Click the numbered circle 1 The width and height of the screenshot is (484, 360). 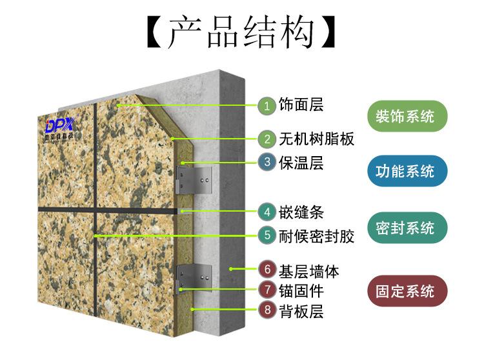[x=267, y=105]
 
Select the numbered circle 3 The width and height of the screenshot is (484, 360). [x=267, y=162]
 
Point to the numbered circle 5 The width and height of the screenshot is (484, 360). [x=267, y=235]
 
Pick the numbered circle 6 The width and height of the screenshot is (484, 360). [x=267, y=269]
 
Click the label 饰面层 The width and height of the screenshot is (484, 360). [x=301, y=105]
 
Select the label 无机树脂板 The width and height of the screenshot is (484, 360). [x=316, y=139]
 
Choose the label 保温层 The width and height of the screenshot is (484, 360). [x=301, y=162]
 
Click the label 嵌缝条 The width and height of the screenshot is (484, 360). [x=301, y=211]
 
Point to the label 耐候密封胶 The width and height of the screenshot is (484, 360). [x=316, y=235]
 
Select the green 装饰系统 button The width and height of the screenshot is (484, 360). [x=405, y=117]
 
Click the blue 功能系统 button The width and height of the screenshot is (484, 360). [x=405, y=171]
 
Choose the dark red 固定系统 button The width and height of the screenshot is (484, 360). [x=405, y=291]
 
